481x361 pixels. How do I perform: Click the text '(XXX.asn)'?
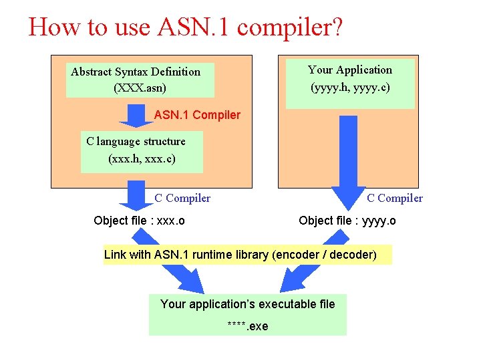coord(140,88)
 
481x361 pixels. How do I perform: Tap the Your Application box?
coord(349,83)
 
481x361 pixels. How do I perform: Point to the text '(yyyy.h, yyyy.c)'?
coord(350,88)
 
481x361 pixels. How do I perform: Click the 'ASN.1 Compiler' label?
coord(197,115)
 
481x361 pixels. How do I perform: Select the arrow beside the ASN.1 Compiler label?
coord(136,115)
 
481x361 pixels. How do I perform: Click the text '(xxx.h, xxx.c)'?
coord(141,160)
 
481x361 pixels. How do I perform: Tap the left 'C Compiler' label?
coord(182,198)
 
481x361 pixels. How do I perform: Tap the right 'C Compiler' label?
coord(395,198)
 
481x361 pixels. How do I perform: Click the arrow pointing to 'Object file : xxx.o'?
coord(136,197)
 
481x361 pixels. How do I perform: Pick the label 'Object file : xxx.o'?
coord(140,221)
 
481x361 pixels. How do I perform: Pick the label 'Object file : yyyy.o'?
coord(347,221)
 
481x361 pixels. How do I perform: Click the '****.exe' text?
coord(247,326)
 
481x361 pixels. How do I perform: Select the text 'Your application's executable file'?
coord(247,305)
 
